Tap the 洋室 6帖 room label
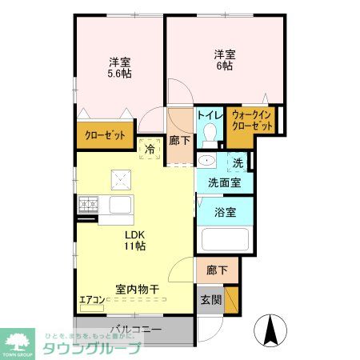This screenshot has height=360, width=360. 225,61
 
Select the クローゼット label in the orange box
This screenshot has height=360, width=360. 106,136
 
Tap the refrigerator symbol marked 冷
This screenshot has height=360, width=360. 149,148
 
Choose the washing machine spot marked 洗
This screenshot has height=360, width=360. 238,163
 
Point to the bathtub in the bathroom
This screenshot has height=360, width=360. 225,241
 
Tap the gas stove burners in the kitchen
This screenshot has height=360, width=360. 87,205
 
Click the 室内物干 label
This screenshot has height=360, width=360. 138,288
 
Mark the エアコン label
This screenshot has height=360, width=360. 91,301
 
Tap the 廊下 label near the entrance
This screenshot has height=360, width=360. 217,270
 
